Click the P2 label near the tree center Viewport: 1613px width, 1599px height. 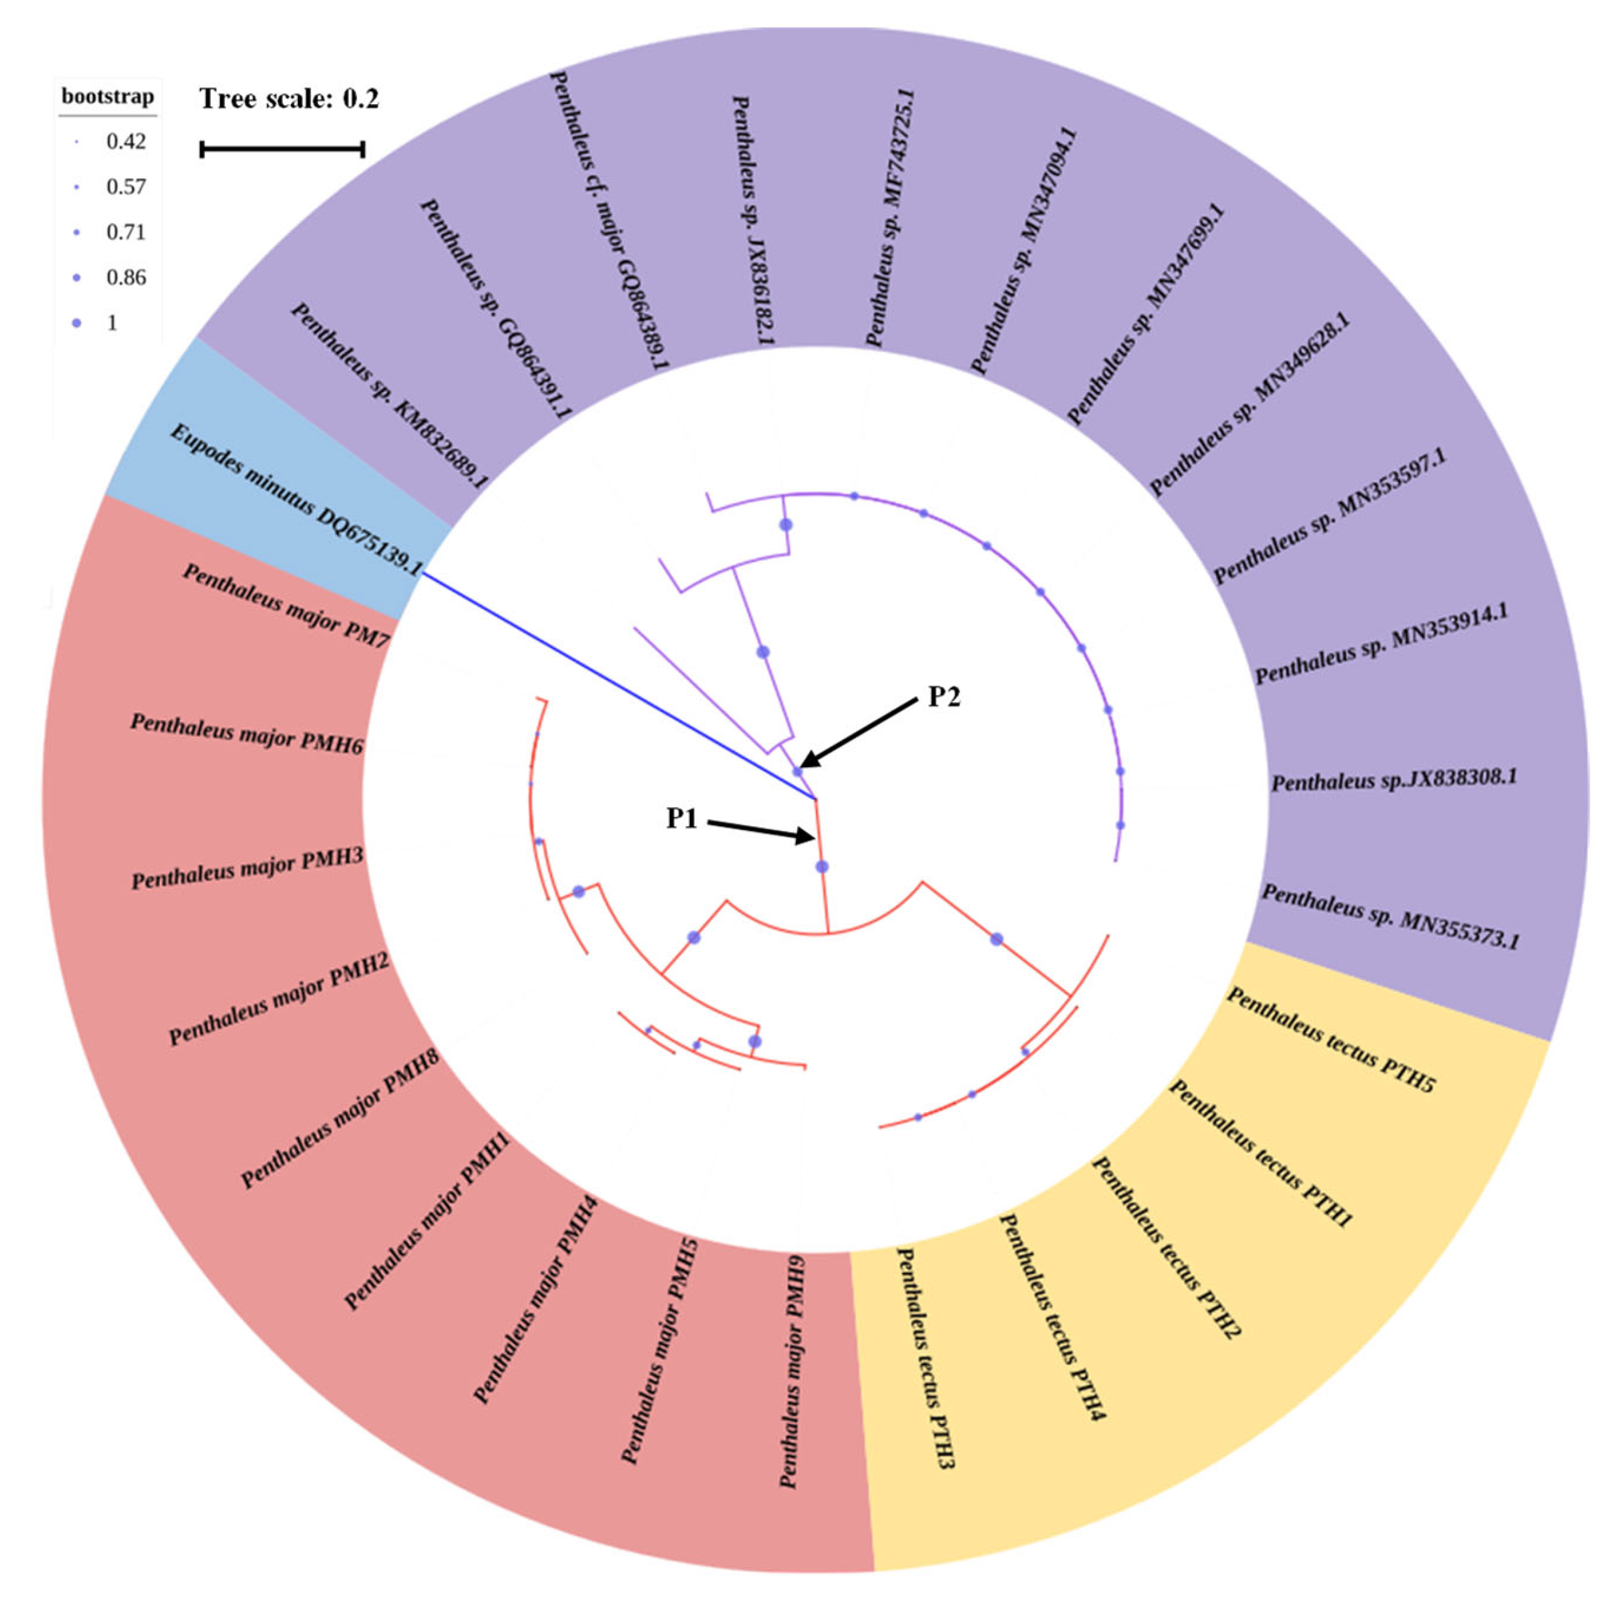click(944, 697)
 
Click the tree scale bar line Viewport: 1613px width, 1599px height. click(282, 149)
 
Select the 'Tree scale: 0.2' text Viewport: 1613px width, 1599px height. click(289, 99)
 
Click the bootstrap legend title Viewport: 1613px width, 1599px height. click(108, 97)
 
